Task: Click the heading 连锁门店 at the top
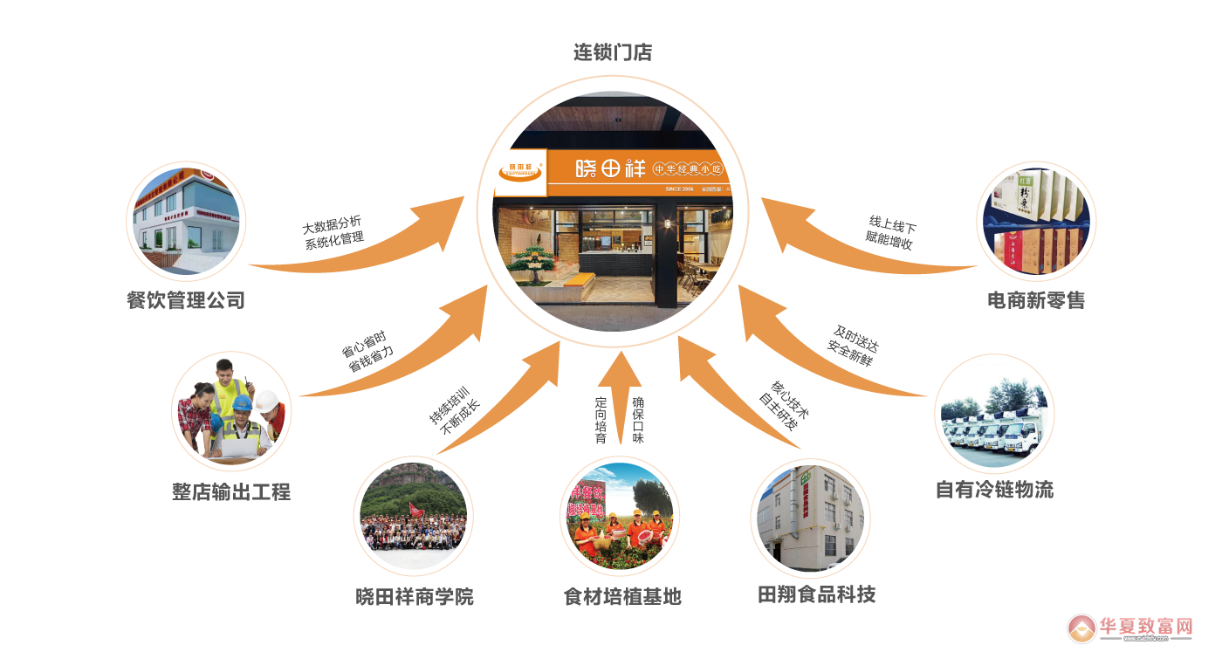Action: pos(612,53)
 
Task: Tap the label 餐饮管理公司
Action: pos(186,301)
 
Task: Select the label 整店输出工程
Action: pos(231,492)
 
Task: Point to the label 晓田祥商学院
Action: pos(415,598)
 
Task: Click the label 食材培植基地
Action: pos(622,597)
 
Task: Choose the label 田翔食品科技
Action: pos(816,595)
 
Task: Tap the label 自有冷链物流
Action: pos(994,490)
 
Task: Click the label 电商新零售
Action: pos(1036,301)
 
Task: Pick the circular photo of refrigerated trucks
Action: pos(994,414)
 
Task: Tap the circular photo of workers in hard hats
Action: pos(231,411)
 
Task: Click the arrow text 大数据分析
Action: pos(331,223)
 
